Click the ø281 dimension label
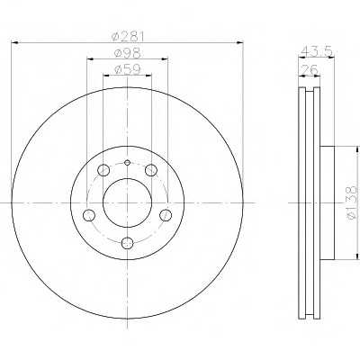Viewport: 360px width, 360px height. (x=128, y=37)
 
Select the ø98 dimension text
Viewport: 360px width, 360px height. (x=128, y=53)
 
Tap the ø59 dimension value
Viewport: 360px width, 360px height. (x=128, y=69)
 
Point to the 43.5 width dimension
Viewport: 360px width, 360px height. (x=317, y=51)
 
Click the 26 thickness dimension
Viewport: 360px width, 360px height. (x=310, y=70)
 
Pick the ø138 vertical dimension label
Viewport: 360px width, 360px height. (x=353, y=202)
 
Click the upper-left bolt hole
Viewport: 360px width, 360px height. (x=103, y=170)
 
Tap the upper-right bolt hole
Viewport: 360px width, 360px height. (x=151, y=170)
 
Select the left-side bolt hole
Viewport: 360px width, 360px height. (x=89, y=215)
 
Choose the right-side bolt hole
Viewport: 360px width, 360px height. (x=166, y=215)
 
